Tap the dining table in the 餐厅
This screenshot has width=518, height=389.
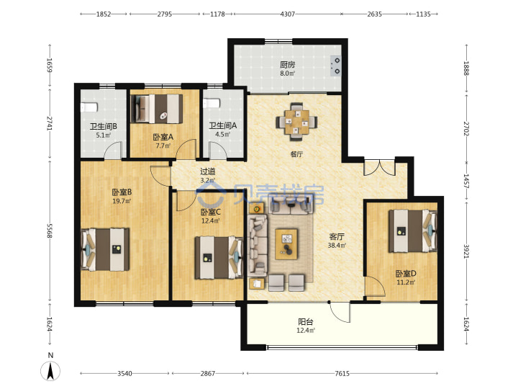[296, 122]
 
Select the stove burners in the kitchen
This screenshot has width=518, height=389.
[336, 66]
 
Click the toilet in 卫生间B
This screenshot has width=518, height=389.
[89, 107]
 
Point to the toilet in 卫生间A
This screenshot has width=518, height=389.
[212, 104]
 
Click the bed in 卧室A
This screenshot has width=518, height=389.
[157, 109]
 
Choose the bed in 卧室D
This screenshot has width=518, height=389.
[413, 231]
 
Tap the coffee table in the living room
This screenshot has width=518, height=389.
[286, 243]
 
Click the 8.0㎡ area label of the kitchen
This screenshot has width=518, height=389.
[287, 73]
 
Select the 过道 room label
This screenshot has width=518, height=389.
[208, 171]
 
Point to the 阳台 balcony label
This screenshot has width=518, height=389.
[306, 321]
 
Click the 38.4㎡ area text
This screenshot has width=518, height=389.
[337, 246]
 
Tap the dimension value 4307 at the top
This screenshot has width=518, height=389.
[287, 14]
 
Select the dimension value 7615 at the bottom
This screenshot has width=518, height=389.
[342, 373]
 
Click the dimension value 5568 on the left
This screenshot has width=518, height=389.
[50, 231]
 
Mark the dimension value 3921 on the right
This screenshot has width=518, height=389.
[466, 251]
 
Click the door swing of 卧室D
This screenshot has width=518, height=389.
[375, 287]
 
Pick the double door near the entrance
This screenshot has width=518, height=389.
[379, 168]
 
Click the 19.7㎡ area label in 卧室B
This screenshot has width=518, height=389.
[122, 201]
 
